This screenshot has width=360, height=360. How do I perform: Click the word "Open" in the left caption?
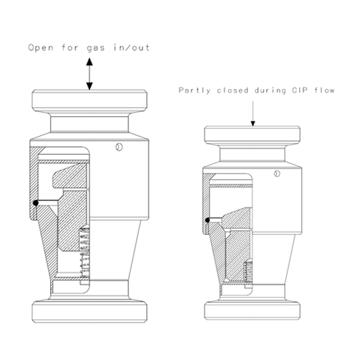pyautogui.click(x=41, y=48)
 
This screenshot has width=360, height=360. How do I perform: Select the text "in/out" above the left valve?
pyautogui.click(x=132, y=48)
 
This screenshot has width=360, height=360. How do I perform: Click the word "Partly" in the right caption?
pyautogui.click(x=194, y=90)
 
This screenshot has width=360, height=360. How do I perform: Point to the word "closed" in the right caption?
pyautogui.click(x=232, y=90)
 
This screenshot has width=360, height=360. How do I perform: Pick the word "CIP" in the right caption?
pyautogui.click(x=300, y=90)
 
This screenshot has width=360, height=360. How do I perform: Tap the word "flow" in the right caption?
pyautogui.click(x=324, y=90)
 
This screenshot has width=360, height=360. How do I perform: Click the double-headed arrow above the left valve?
pyautogui.click(x=90, y=74)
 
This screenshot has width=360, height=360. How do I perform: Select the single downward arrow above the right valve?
pyautogui.click(x=253, y=114)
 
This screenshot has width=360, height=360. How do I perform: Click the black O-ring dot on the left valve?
pyautogui.click(x=36, y=203)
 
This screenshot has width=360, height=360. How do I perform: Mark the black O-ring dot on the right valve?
pyautogui.click(x=208, y=220)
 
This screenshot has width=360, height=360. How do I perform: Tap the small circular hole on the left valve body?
pyautogui.click(x=119, y=147)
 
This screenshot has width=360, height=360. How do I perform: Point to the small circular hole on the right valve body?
pyautogui.click(x=277, y=174)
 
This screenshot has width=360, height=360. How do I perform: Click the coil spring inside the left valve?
pyautogui.click(x=84, y=252)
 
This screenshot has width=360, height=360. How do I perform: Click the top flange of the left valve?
pyautogui.click(x=90, y=101)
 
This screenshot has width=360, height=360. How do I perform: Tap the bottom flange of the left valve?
pyautogui.click(x=90, y=312)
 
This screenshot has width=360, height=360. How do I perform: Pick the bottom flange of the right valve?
pyautogui.click(x=252, y=310)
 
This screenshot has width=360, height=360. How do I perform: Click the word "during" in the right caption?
pyautogui.click(x=270, y=90)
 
